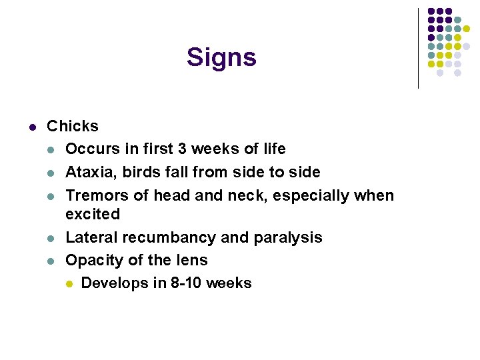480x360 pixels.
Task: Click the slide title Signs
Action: pos(221,58)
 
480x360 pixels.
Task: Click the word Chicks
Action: pos(73,126)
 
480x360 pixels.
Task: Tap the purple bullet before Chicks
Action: pos(31,127)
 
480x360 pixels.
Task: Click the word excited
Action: pos(93,215)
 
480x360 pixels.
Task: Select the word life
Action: pos(271,149)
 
